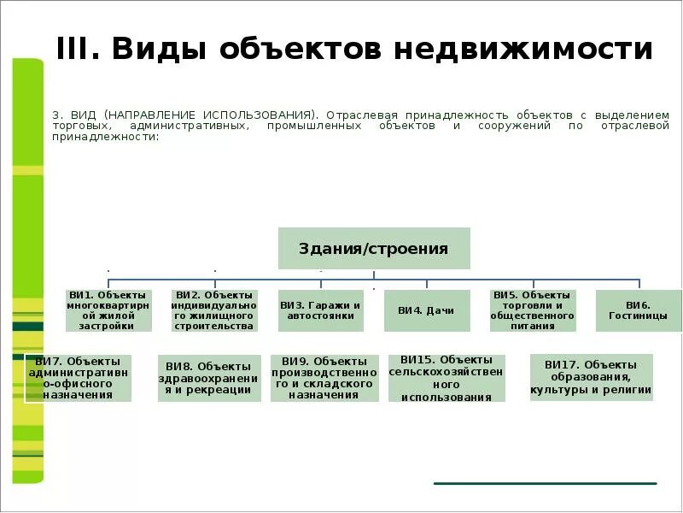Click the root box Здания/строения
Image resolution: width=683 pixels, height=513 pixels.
pyautogui.click(x=374, y=249)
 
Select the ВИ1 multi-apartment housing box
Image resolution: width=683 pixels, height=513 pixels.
pyautogui.click(x=109, y=310)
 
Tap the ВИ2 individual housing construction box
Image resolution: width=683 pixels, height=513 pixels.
pyautogui.click(x=213, y=310)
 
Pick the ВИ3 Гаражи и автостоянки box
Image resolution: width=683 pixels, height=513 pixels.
pyautogui.click(x=320, y=310)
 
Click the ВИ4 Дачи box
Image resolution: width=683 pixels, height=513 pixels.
pyautogui.click(x=427, y=311)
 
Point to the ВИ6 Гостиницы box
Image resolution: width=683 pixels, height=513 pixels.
pyautogui.click(x=638, y=310)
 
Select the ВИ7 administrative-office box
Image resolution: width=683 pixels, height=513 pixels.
pyautogui.click(x=79, y=378)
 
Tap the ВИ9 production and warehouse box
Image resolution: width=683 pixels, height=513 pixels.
pyautogui.click(x=324, y=378)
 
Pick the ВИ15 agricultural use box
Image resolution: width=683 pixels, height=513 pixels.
pyautogui.click(x=446, y=378)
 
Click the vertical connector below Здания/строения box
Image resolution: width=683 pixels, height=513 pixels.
pyautogui.click(x=374, y=274)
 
